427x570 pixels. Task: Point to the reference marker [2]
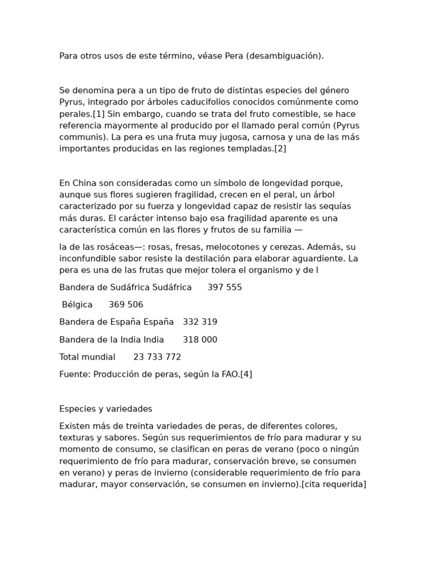click(x=280, y=149)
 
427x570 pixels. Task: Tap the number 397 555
click(x=225, y=287)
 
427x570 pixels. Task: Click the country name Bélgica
click(x=77, y=304)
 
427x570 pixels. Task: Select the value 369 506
click(x=126, y=304)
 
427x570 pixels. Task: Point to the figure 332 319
click(x=200, y=322)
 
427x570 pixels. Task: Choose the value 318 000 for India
click(x=200, y=340)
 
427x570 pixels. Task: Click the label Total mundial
click(x=87, y=357)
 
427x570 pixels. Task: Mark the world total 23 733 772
click(x=157, y=357)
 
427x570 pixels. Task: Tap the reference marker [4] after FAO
click(x=246, y=374)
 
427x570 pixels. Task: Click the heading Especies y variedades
click(x=106, y=409)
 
